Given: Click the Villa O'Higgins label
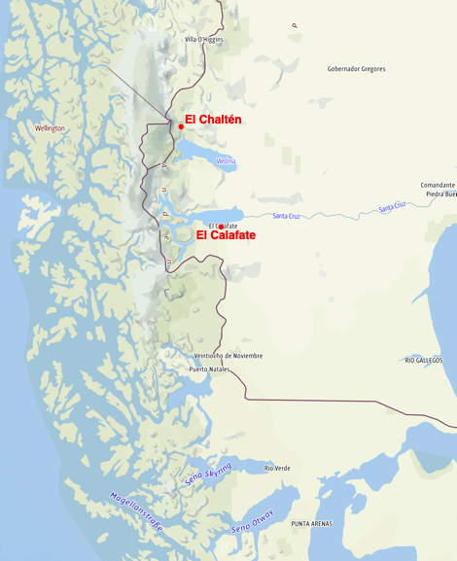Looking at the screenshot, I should (x=204, y=40).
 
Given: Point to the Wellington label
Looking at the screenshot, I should (x=50, y=128).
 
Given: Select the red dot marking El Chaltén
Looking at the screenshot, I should (x=181, y=126).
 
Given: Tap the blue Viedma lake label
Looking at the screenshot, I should (x=226, y=160).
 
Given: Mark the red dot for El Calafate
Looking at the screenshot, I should (x=221, y=227).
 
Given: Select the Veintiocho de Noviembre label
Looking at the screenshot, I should (x=228, y=356).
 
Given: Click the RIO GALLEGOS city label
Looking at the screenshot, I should (x=424, y=360).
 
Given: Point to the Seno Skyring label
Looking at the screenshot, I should (x=208, y=474).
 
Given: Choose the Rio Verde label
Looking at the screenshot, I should (x=277, y=468).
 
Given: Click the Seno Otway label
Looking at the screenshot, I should (x=253, y=519).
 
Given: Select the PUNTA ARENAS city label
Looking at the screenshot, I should (x=311, y=524).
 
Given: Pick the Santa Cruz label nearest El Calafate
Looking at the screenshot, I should (x=287, y=216).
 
